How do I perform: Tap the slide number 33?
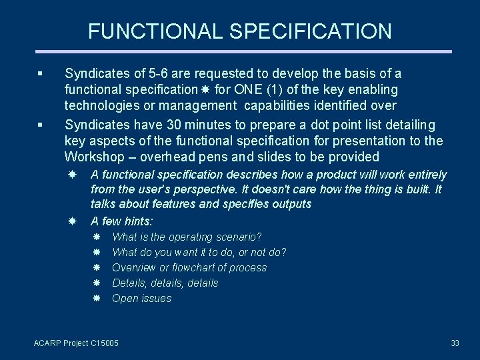click(455, 343)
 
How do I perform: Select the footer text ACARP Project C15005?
click(76, 343)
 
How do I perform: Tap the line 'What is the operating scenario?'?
click(187, 237)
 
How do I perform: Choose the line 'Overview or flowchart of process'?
click(189, 267)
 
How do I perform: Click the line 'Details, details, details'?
click(165, 283)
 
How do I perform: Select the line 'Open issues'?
click(141, 298)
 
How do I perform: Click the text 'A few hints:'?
click(121, 221)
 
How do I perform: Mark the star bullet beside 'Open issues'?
click(96, 298)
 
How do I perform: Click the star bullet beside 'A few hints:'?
click(73, 220)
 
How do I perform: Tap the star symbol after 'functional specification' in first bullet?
click(205, 89)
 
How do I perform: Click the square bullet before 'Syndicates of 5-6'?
click(41, 74)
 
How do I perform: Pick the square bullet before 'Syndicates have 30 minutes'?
click(41, 125)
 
